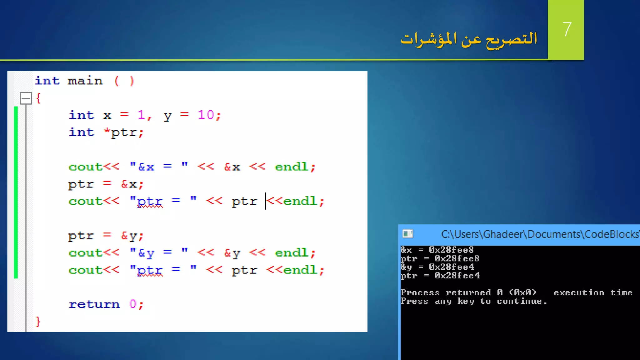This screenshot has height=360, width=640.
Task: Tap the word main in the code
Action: (85, 81)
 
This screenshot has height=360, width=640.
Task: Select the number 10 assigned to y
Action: (206, 115)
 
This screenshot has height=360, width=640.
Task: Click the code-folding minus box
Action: (26, 98)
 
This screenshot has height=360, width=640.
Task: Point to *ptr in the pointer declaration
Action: (120, 132)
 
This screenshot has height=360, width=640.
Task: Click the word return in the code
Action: (94, 304)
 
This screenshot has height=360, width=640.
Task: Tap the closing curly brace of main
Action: (38, 321)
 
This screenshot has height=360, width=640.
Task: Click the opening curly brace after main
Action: (38, 98)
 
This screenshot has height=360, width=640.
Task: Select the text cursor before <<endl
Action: (266, 201)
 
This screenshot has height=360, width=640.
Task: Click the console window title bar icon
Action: (408, 234)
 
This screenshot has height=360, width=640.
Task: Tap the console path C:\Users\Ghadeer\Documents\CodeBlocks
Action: (540, 234)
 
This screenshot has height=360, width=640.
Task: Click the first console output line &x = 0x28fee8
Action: (437, 250)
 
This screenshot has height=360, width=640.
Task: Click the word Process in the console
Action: (420, 293)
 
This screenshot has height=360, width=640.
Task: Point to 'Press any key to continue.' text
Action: (473, 301)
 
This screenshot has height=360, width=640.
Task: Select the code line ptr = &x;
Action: (106, 184)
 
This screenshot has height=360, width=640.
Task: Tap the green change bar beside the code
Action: (16, 192)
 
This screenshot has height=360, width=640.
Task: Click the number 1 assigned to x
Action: (141, 115)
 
